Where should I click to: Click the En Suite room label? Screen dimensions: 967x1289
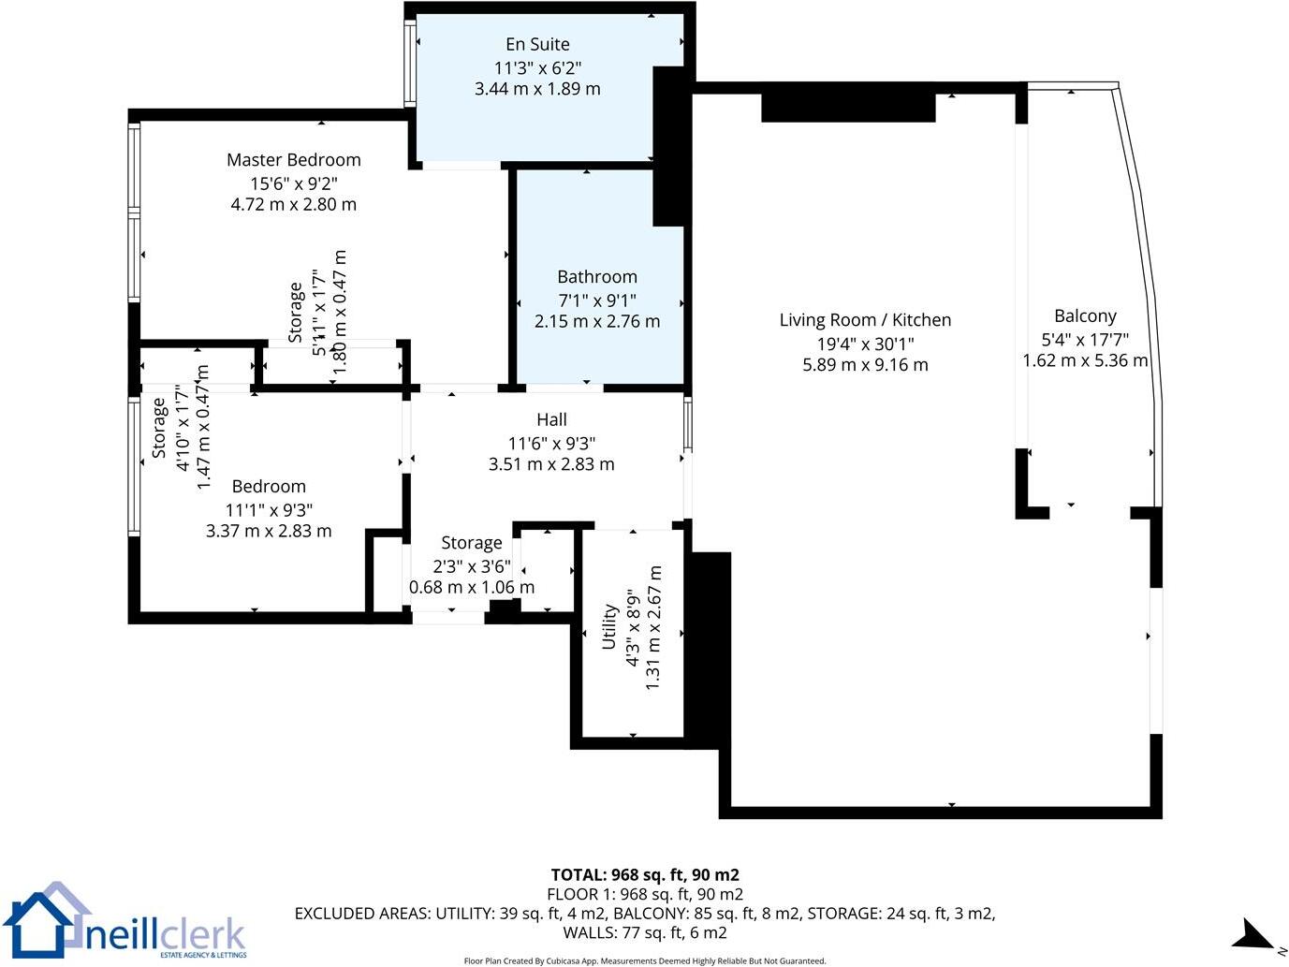tap(537, 44)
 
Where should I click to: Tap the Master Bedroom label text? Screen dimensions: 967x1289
tap(293, 160)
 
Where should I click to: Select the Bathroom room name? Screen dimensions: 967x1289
tap(596, 277)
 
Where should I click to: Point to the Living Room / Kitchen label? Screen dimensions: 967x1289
tap(865, 320)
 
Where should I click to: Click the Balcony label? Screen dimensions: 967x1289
tap(1085, 316)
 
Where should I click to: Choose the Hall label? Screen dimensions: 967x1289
tap(551, 420)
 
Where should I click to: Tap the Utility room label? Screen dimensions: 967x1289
tap(609, 626)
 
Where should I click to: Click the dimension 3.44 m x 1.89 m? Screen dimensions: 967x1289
tap(537, 89)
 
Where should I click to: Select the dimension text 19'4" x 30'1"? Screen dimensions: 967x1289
tap(865, 344)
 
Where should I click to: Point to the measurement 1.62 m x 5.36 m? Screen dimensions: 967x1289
tap(1085, 361)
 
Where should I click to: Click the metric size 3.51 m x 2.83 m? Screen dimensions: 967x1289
tap(551, 464)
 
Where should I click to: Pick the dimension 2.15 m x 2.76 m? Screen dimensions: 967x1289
tap(596, 321)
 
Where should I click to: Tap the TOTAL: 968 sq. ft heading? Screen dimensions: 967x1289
tap(645, 875)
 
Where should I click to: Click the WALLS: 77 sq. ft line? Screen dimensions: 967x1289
tap(645, 932)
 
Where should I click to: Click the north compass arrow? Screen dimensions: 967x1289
tap(1252, 934)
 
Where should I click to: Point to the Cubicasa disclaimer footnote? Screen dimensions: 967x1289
tap(645, 960)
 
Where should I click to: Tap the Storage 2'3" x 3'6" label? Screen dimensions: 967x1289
tap(472, 543)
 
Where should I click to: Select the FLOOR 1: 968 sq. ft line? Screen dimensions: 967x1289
tap(645, 894)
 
